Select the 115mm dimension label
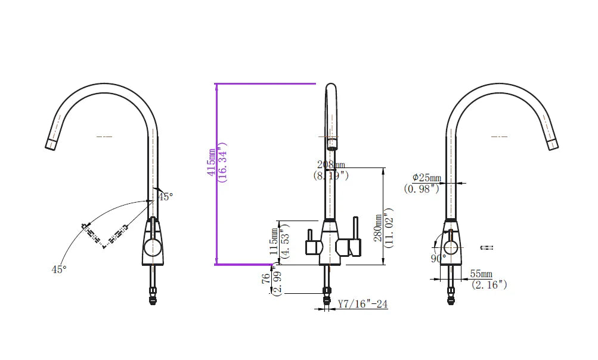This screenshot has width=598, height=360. coord(274,241)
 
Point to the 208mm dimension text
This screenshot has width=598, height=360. coord(331,165)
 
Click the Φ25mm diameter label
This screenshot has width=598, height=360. coord(427,178)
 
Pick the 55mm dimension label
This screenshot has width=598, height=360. coord(482,274)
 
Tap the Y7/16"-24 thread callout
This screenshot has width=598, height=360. coord(362,304)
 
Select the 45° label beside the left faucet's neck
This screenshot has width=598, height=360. coord(165,196)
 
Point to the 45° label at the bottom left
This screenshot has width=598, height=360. coord(58,269)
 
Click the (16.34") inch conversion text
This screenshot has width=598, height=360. coord(223,162)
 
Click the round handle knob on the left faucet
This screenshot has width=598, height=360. coord(153,246)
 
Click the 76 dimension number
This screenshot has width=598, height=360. coord(265,280)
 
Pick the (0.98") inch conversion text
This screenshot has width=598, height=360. coord(422,188)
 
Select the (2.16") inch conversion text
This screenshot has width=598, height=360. coord(489,284)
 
